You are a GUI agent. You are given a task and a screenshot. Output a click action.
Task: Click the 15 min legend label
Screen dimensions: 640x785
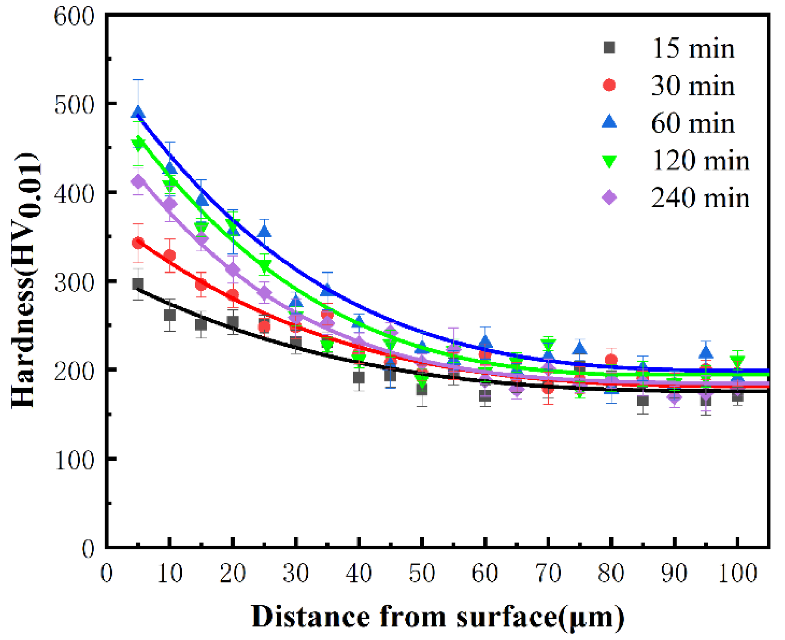(x=693, y=49)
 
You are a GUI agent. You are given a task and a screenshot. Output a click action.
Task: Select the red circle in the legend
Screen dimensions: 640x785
(x=609, y=85)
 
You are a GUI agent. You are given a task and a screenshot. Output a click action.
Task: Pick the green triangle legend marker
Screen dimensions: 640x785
(x=609, y=161)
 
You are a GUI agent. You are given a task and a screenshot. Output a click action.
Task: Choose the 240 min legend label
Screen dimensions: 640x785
(x=700, y=198)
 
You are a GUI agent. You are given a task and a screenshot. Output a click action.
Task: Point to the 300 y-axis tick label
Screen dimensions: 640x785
(x=74, y=282)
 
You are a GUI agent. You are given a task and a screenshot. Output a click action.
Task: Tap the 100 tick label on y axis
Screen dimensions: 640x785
(x=74, y=460)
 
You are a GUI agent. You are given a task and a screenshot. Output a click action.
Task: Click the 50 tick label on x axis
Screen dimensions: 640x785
(x=422, y=574)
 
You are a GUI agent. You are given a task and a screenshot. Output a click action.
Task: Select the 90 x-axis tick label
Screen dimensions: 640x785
(x=674, y=574)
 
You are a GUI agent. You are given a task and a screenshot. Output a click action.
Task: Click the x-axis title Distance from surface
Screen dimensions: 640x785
(x=438, y=617)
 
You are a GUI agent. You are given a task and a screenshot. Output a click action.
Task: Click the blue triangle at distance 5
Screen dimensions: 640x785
(x=138, y=113)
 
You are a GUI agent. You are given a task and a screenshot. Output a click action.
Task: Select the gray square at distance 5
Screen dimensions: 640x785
(x=138, y=284)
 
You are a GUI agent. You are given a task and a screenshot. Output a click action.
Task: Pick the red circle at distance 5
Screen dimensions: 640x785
(x=138, y=243)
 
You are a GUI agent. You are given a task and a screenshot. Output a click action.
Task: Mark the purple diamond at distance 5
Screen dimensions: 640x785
(x=138, y=182)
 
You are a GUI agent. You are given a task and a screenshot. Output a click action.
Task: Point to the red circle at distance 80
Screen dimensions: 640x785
(x=611, y=360)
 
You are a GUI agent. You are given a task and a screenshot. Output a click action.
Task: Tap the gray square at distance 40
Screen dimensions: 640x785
(x=359, y=378)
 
